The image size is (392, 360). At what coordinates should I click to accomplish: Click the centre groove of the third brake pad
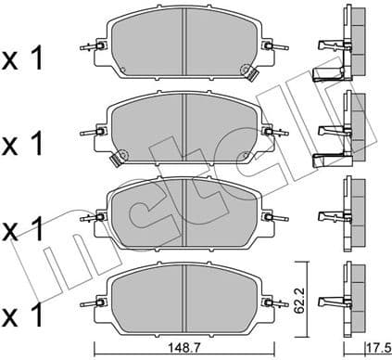click(186, 212)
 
